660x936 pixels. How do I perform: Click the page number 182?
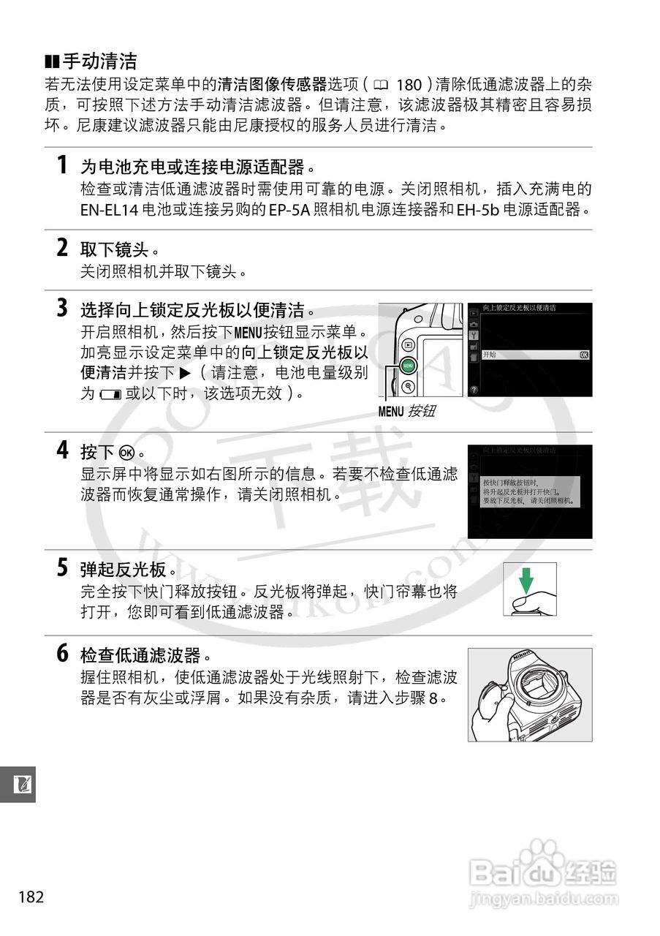[x=32, y=897]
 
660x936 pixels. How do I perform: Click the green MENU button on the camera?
[x=408, y=363]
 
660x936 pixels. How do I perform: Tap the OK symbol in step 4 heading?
[x=127, y=451]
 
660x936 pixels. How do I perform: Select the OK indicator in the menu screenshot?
[x=583, y=355]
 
